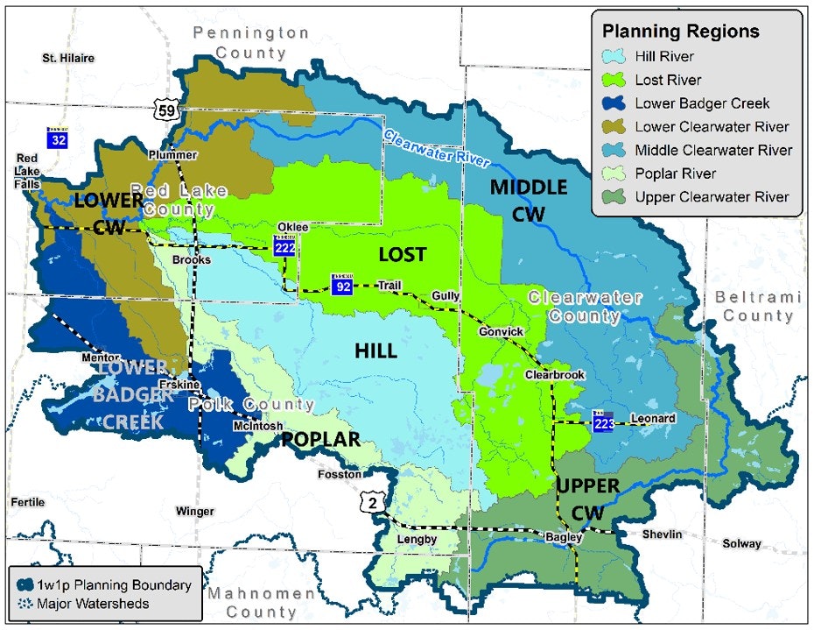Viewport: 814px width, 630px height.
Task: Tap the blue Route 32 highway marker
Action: click(x=59, y=137)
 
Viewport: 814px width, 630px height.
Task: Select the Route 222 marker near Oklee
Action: click(x=284, y=246)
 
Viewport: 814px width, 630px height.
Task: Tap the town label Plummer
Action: click(x=172, y=155)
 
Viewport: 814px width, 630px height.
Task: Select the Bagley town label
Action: click(x=558, y=537)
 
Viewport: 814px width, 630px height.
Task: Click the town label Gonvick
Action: click(x=502, y=332)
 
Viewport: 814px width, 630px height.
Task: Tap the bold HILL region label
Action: click(x=375, y=351)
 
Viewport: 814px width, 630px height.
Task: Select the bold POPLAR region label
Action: click(x=320, y=440)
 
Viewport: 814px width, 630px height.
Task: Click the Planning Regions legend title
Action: click(x=680, y=32)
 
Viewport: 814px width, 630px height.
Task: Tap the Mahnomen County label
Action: click(x=262, y=602)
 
